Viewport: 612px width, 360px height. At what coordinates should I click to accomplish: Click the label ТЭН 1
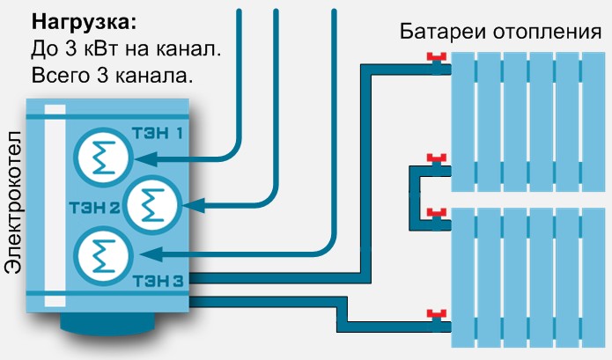click(159, 134)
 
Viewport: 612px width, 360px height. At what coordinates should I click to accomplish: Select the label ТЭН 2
click(94, 208)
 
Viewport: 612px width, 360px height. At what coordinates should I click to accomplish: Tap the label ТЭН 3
click(159, 281)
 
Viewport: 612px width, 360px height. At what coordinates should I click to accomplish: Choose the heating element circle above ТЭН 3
click(103, 256)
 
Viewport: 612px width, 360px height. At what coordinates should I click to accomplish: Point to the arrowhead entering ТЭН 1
click(146, 158)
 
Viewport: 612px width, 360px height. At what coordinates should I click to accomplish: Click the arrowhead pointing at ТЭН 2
click(194, 205)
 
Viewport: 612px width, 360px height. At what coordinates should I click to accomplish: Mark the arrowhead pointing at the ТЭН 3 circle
click(151, 254)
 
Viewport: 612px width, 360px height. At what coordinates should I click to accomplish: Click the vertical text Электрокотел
click(13, 202)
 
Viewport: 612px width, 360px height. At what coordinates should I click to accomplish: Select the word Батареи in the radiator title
click(443, 31)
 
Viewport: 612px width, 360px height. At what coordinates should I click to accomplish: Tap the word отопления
click(547, 32)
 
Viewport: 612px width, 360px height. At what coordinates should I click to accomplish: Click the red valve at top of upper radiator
click(437, 57)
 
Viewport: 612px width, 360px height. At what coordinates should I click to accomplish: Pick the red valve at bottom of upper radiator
click(437, 158)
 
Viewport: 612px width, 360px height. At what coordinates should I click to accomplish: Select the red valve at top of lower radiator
click(437, 213)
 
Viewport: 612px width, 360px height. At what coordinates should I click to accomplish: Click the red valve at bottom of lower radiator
click(437, 313)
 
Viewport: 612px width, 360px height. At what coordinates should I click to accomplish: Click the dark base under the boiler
click(107, 324)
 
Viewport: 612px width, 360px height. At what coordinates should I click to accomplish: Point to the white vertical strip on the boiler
click(55, 206)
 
